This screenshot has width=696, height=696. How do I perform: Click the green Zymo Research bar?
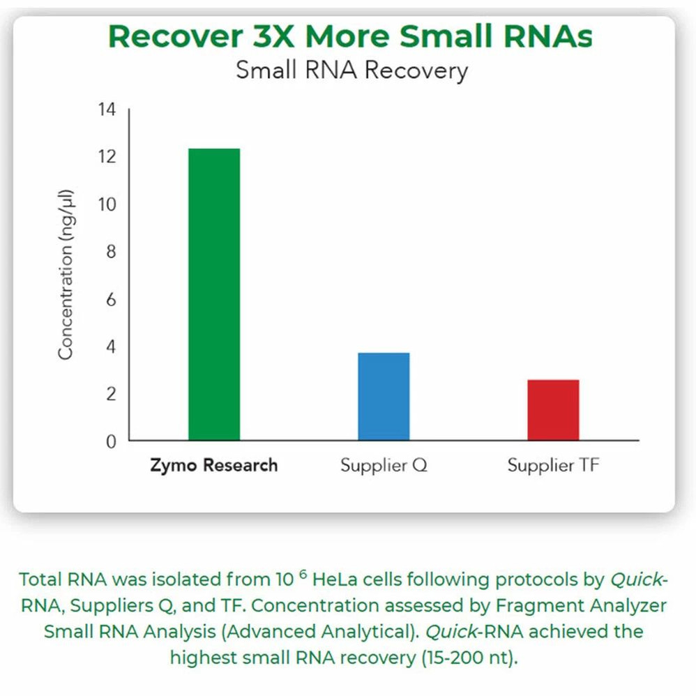click(214, 294)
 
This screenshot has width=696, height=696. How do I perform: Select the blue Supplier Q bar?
click(384, 396)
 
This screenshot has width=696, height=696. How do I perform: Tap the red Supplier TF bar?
click(553, 410)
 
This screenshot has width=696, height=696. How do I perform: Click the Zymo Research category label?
click(214, 465)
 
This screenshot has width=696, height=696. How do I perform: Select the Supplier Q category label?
click(384, 465)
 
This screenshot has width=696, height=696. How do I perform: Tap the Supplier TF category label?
click(553, 465)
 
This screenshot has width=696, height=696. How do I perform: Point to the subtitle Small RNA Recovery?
click(351, 70)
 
